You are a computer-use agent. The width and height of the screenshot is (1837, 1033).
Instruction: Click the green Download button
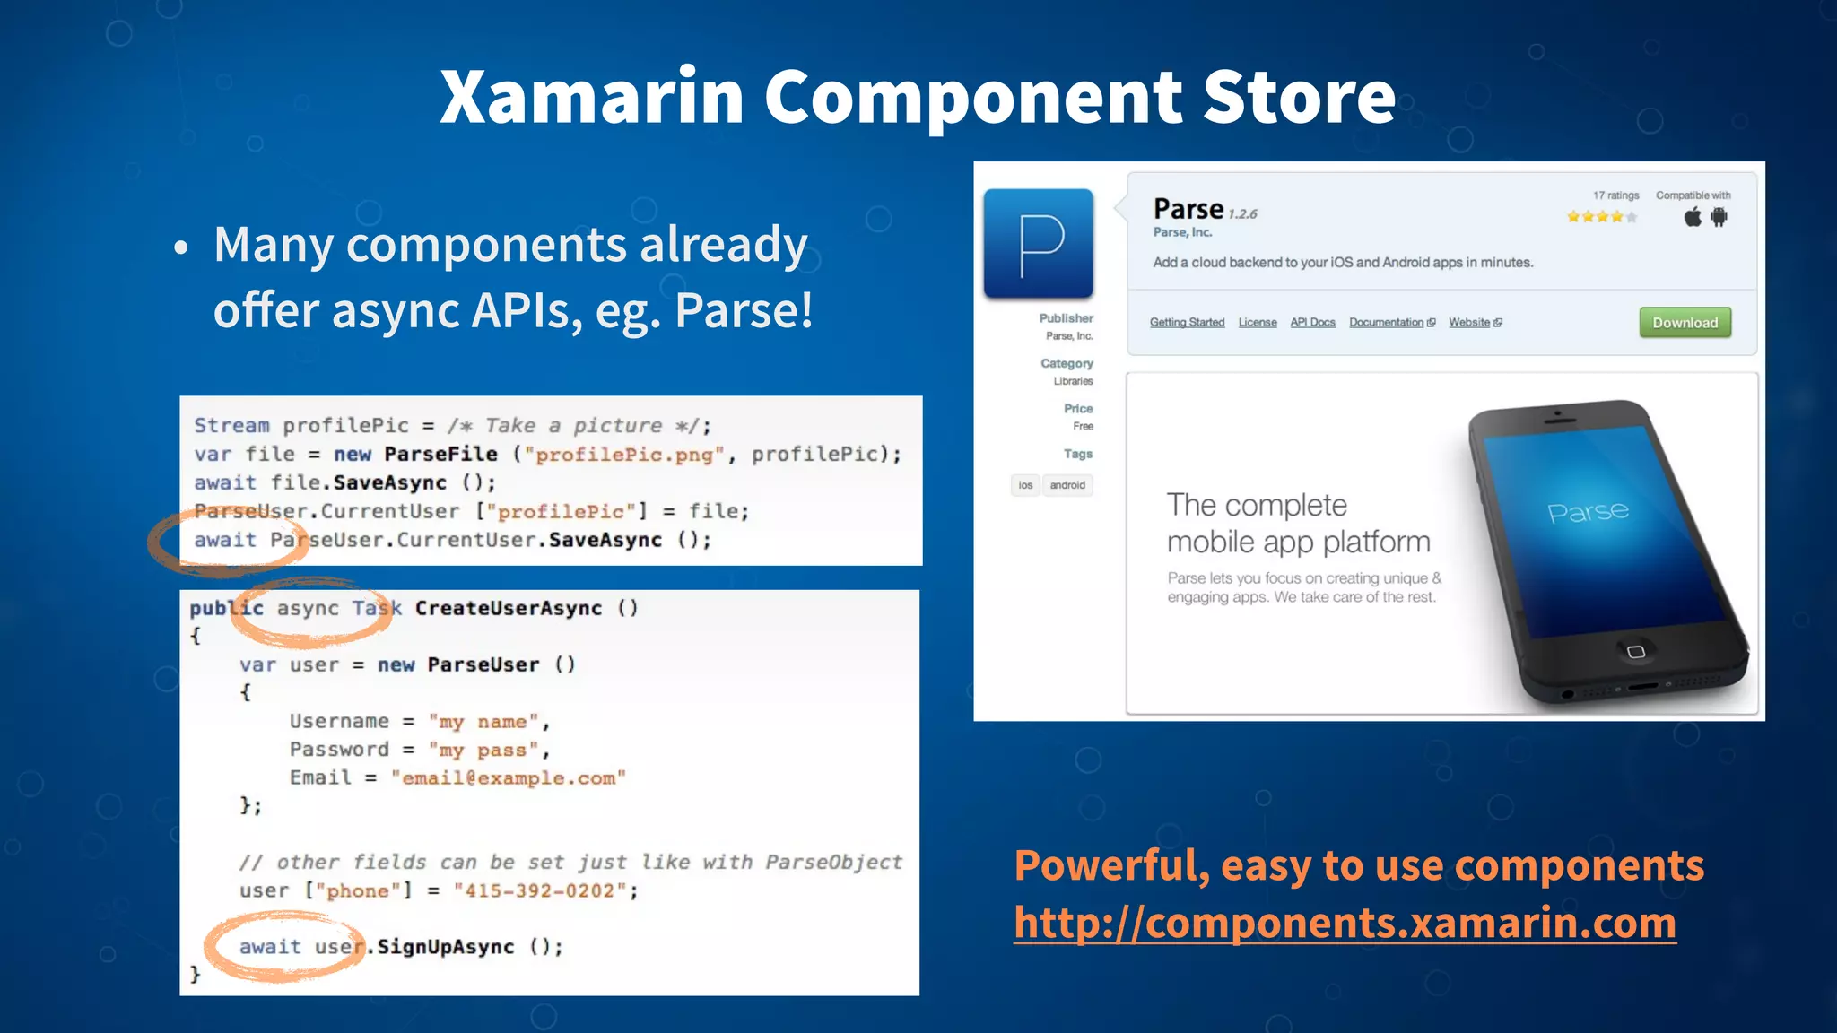(x=1685, y=323)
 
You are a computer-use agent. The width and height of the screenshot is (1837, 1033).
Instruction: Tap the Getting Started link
(x=1187, y=323)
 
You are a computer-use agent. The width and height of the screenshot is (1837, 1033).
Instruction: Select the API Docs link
(x=1312, y=323)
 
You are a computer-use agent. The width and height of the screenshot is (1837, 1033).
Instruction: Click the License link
(x=1257, y=323)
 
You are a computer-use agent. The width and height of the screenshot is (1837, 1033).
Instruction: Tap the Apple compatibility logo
(x=1693, y=217)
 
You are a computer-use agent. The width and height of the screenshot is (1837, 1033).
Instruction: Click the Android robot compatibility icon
(x=1719, y=217)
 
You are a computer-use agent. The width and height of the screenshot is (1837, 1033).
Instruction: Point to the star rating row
(x=1601, y=217)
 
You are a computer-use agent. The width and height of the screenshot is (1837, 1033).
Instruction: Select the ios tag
(x=1025, y=485)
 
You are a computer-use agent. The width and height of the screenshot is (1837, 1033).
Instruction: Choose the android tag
(x=1067, y=485)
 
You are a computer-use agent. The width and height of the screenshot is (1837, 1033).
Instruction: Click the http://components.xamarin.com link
(x=1345, y=923)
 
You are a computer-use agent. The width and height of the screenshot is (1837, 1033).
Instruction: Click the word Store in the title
(x=1298, y=97)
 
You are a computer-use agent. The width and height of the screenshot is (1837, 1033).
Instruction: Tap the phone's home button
(x=1635, y=651)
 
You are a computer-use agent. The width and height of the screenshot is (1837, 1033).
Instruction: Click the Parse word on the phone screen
(x=1588, y=512)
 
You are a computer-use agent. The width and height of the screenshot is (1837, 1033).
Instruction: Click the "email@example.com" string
(x=508, y=778)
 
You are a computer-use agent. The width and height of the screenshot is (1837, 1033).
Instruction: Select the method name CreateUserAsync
(x=508, y=609)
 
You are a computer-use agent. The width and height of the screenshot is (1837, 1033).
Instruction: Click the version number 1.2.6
(x=1242, y=214)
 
